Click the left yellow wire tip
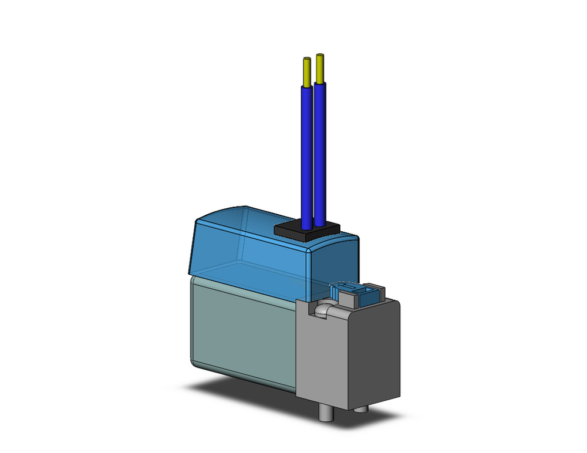(307, 71)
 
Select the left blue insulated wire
(307, 153)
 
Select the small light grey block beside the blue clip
(349, 300)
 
